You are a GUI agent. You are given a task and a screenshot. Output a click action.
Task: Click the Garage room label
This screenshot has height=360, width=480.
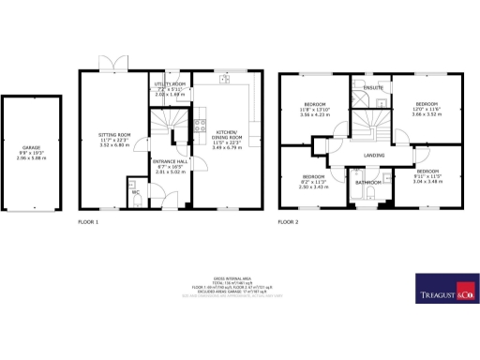tap(33, 148)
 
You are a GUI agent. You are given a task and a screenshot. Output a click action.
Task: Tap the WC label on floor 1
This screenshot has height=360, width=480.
tap(136, 192)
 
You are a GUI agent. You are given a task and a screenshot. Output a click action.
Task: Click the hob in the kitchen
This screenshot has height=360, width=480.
tap(200, 123)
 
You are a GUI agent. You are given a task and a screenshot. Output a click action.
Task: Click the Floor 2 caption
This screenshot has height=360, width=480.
tap(289, 221)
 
